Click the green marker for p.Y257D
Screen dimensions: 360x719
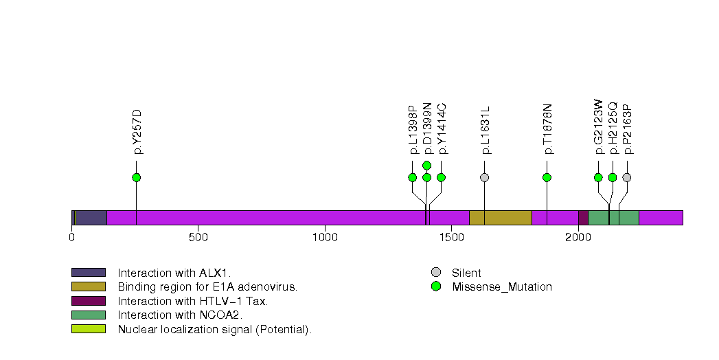point(136,177)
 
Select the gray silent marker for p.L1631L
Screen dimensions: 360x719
point(484,177)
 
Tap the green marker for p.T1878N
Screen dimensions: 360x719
point(547,177)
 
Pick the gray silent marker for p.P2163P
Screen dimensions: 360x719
point(626,177)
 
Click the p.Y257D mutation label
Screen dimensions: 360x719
point(137,131)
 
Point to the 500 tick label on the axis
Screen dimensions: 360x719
point(198,238)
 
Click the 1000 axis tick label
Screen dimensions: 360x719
point(324,238)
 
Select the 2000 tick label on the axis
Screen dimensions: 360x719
point(578,238)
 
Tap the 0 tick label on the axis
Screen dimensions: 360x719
point(71,238)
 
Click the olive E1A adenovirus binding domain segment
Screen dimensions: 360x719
point(500,218)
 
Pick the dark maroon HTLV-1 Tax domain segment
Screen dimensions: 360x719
point(583,218)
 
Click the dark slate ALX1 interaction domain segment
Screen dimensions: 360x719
point(91,218)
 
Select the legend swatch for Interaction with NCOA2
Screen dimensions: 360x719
point(88,315)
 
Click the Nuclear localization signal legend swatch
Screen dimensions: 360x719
point(88,329)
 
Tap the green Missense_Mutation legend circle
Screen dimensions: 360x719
point(435,286)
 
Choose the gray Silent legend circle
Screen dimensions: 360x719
point(435,273)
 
